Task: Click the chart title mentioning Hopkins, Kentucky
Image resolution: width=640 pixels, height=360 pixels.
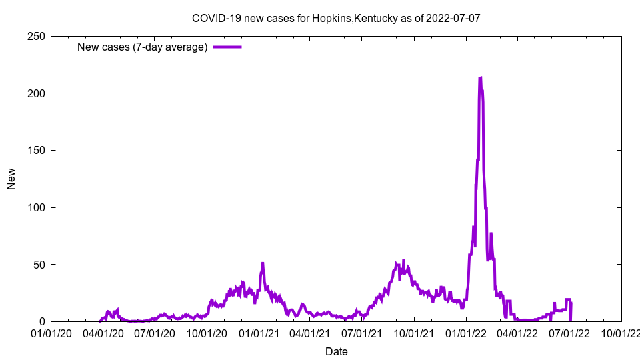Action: coord(336,19)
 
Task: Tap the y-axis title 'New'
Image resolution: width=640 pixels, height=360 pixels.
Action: coord(11,179)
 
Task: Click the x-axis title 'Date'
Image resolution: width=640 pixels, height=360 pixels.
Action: coord(336,351)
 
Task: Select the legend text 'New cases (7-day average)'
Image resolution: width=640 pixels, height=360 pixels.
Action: coord(143,47)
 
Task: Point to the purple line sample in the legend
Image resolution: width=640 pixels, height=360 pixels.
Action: coord(227,47)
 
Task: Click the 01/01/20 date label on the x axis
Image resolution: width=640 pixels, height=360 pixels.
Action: coord(51,333)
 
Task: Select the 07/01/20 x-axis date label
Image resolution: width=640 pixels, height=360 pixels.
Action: coord(155,333)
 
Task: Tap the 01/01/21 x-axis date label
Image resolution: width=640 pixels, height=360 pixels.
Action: coord(259,333)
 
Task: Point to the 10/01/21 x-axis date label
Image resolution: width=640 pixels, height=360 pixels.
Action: coord(414,333)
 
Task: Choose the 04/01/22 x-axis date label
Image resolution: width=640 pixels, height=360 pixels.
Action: coord(517,333)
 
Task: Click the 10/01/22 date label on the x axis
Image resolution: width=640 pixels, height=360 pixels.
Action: coord(621,333)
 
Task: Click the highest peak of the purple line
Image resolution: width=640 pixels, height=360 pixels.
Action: coord(480,78)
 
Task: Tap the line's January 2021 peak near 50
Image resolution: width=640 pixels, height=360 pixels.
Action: coord(263,263)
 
